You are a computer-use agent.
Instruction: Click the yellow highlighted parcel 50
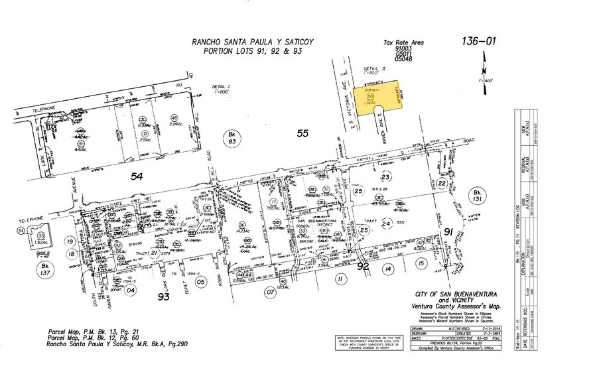(x=375, y=98)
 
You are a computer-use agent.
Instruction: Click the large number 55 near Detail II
(x=303, y=134)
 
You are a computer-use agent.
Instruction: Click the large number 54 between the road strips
(x=137, y=176)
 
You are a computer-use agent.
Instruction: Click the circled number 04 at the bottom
(x=131, y=290)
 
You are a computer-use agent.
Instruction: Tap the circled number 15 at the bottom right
(x=421, y=264)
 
